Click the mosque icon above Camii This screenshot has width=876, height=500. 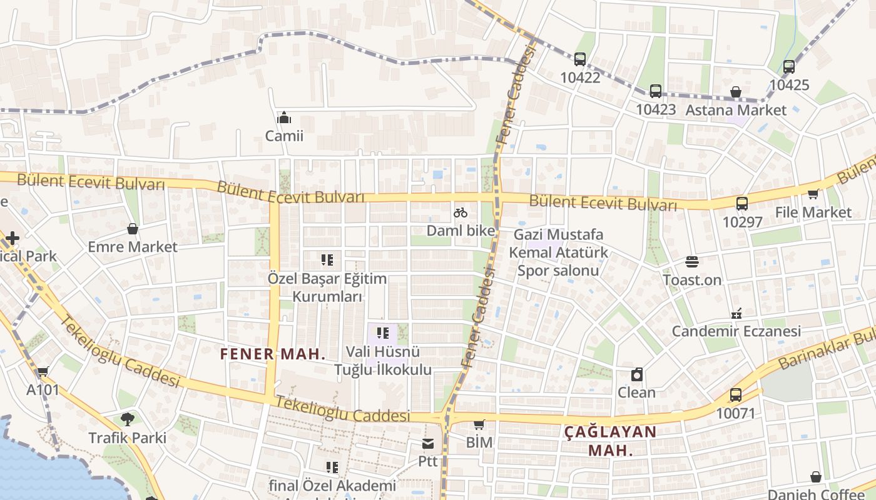point(284,117)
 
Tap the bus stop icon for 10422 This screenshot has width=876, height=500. point(580,59)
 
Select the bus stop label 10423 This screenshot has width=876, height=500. point(656,109)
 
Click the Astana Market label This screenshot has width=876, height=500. point(736,110)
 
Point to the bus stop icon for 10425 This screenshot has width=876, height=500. point(789,66)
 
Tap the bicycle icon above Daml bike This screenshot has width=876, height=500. point(461,212)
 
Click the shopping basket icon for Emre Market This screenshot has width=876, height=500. point(133,229)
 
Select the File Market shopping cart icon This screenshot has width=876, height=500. point(813,194)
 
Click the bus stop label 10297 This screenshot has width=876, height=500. point(742,222)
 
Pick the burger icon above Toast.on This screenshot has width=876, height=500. point(692,261)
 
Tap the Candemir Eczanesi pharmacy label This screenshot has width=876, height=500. point(736,331)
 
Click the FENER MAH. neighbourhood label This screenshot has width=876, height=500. point(273,354)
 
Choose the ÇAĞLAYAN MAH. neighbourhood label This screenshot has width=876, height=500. point(610,440)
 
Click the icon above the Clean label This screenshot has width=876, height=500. point(637,374)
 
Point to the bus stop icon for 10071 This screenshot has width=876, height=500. point(736,395)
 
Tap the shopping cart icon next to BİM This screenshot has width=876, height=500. point(479,424)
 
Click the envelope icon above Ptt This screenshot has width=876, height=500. point(428,444)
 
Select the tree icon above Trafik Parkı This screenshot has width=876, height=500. point(128,419)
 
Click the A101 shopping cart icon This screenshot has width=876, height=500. point(43,372)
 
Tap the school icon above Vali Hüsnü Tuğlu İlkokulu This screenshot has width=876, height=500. point(383,333)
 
